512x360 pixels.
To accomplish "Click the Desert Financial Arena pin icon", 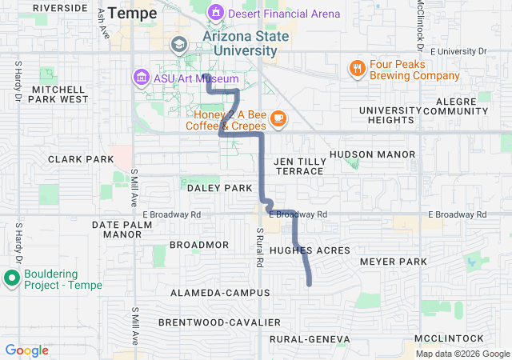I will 215,13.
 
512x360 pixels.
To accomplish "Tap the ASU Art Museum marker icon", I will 141,77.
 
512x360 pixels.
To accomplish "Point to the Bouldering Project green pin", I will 12,278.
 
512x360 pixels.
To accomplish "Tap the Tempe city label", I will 133,13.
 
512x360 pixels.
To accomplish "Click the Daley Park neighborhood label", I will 219,188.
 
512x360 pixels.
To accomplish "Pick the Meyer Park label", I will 394,262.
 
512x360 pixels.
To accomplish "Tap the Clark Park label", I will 81,159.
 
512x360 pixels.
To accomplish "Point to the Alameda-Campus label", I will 220,293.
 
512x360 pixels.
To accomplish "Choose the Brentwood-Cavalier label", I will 219,322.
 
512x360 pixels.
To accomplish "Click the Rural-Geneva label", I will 310,340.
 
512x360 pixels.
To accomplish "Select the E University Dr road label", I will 458,51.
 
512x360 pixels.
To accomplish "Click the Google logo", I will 27,350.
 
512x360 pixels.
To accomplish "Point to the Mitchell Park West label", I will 59,94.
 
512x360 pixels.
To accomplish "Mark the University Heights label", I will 390,115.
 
